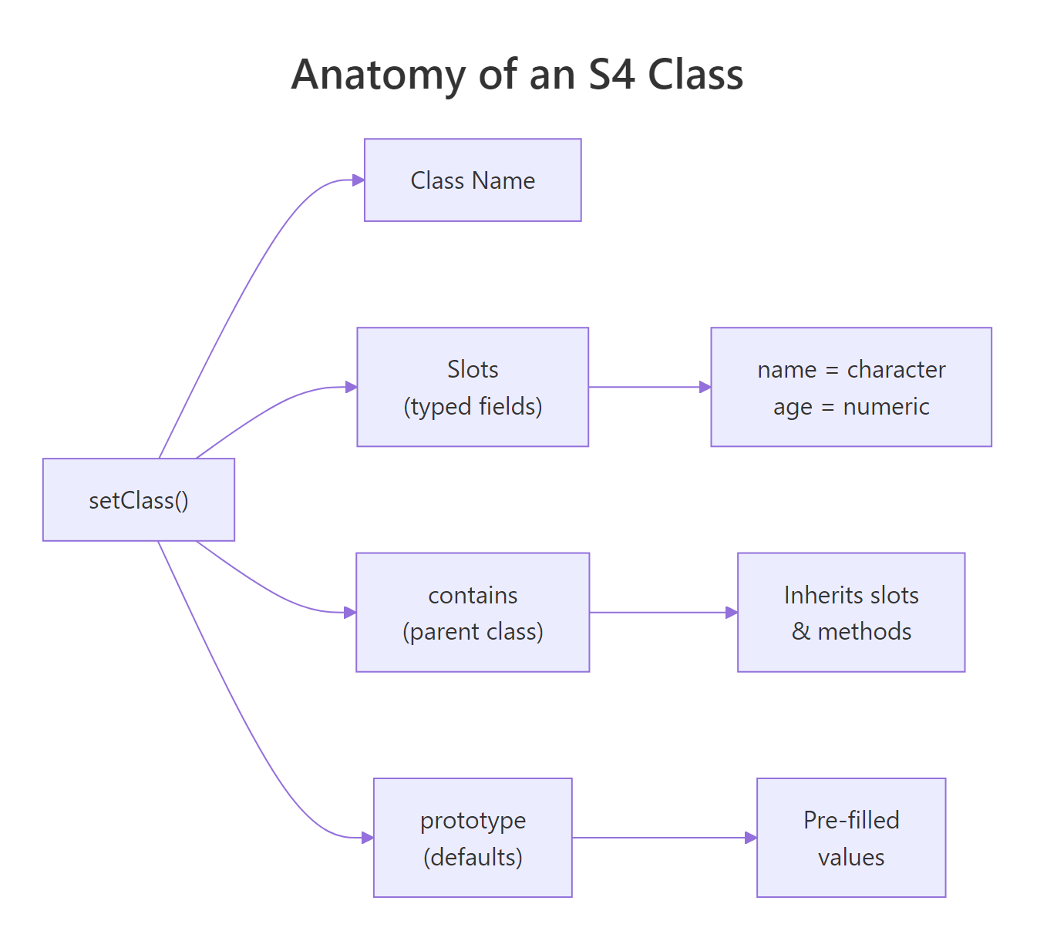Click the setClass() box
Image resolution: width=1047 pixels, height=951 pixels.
[139, 500]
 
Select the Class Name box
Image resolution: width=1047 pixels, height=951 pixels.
[473, 180]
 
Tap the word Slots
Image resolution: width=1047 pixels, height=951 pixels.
[473, 369]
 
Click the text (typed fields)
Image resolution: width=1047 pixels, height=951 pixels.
[473, 406]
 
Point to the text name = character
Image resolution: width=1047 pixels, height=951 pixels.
[851, 370]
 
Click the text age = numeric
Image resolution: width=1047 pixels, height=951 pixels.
[851, 406]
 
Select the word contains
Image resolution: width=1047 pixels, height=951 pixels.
[473, 595]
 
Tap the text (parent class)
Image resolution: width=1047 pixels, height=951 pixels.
[473, 632]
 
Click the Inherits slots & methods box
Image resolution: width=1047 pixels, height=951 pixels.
[851, 613]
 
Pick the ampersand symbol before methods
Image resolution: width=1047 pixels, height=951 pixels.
[801, 631]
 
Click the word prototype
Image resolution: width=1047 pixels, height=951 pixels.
[473, 821]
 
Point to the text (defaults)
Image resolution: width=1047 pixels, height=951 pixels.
[473, 857]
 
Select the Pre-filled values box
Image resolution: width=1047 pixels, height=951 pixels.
[851, 838]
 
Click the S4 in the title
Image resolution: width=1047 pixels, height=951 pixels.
[611, 75]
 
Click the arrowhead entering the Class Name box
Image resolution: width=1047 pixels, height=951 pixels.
[358, 180]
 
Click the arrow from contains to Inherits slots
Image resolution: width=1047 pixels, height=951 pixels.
[663, 613]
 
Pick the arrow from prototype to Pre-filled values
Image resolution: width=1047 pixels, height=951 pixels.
[664, 838]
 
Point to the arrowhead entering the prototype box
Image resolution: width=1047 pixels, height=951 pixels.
[367, 838]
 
